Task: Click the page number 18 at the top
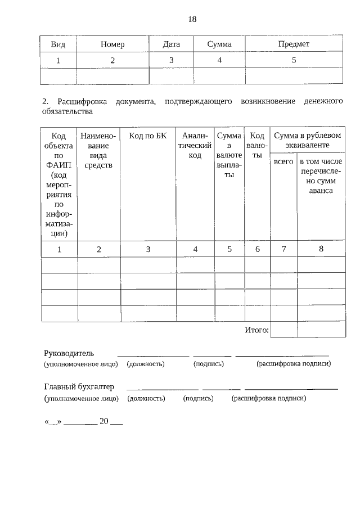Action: point(192,19)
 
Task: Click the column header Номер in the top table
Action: point(112,44)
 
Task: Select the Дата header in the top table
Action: point(171,44)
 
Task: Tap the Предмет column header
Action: point(294,44)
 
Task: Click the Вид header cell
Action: point(58,44)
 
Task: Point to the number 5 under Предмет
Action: point(294,60)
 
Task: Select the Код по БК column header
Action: point(148,136)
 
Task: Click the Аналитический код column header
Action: point(195,145)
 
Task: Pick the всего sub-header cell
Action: point(283,161)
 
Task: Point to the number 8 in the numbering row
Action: point(321,249)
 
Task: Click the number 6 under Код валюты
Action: point(258,249)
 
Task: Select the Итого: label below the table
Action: point(256,330)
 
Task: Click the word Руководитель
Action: point(69,353)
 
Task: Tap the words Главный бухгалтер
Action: point(79,387)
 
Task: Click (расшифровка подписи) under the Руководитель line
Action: point(294,364)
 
